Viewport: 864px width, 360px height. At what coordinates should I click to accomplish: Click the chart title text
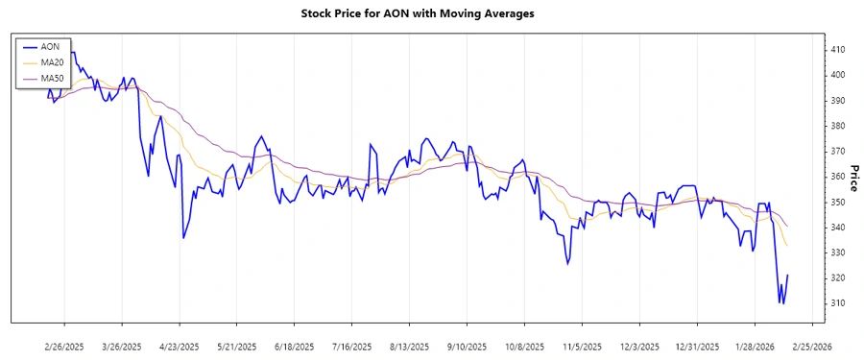coord(431,14)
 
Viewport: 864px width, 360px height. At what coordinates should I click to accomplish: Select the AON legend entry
coord(50,46)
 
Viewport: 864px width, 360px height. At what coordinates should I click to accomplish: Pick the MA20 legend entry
coord(52,62)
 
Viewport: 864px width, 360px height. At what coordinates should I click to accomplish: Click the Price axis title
coord(853,177)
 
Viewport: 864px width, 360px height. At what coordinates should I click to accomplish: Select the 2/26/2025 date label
coord(64,346)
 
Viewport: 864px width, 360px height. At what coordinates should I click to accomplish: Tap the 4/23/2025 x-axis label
coord(180,346)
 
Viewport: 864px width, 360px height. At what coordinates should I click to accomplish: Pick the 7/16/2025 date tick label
coord(351,346)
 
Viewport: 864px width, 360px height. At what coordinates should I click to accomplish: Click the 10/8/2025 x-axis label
coord(524,346)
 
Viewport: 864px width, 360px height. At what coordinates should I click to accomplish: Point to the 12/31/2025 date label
coord(696,346)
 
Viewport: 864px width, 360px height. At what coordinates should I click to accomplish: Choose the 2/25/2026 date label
coord(811,346)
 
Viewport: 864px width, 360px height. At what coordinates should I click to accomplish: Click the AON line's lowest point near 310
coord(780,303)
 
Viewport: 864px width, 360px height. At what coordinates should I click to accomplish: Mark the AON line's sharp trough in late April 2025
coord(182,237)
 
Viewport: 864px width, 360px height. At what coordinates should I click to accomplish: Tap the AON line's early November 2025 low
coord(568,265)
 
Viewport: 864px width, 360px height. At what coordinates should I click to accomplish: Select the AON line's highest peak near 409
coord(71,52)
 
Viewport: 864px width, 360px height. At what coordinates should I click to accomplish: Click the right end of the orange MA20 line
coord(787,247)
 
